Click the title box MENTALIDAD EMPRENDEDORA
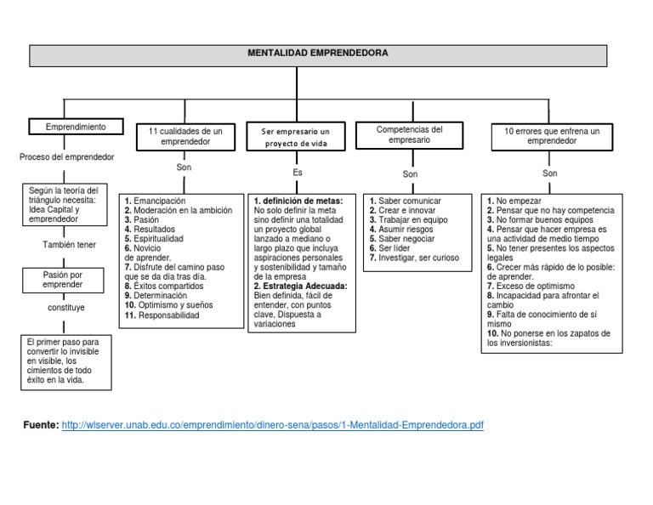coord(319,54)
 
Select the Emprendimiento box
coord(77,127)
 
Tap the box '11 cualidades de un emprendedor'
coord(185,137)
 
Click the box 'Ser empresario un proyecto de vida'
coord(297,138)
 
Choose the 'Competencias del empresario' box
coord(410,135)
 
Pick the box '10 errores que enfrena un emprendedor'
coord(551,137)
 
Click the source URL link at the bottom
coord(273,424)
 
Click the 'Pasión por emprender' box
coord(64,280)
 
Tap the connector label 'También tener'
coord(70,245)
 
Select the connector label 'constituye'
coord(66,307)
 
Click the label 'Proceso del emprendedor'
coord(66,158)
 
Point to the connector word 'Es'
coord(298,173)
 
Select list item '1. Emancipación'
coord(154,201)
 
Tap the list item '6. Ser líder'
coord(389,248)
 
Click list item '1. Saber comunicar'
coord(405,201)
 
